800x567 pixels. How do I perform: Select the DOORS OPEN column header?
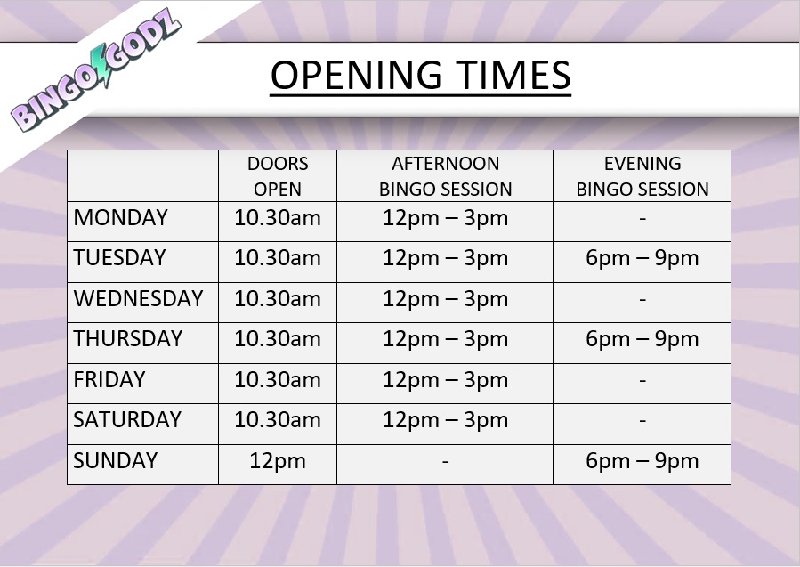coord(278,176)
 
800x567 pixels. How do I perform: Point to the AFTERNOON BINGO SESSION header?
coord(445,176)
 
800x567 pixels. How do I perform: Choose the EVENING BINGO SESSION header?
coord(642,176)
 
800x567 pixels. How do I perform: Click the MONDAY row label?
coord(121,218)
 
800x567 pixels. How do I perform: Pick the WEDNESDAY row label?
coord(139,299)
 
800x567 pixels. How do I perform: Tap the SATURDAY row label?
coord(127,420)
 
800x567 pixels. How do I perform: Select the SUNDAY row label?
coord(116,461)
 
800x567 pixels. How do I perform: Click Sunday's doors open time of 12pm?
coord(278,461)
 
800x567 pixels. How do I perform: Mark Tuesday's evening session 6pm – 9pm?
coord(642,259)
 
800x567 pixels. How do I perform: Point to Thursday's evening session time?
coord(642,339)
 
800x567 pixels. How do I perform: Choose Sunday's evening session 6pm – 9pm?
coord(642,461)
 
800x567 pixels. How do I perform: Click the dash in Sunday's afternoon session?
coord(445,462)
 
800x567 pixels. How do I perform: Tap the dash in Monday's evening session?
coord(642,219)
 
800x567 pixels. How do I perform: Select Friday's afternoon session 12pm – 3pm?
coord(445,380)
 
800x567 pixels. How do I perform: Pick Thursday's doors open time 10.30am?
coord(278,339)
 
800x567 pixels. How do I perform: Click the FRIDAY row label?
coord(109,380)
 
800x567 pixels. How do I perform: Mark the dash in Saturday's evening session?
coord(642,421)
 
